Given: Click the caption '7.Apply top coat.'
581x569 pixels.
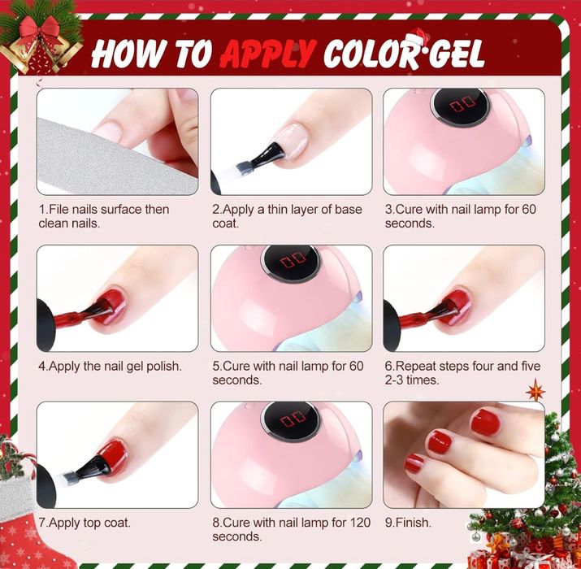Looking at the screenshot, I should click(85, 523).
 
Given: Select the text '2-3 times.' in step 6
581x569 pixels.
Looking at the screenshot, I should click(414, 380).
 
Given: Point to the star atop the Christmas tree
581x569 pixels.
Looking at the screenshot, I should click(535, 391).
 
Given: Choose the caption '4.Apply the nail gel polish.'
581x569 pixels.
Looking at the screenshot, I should click(110, 366).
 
